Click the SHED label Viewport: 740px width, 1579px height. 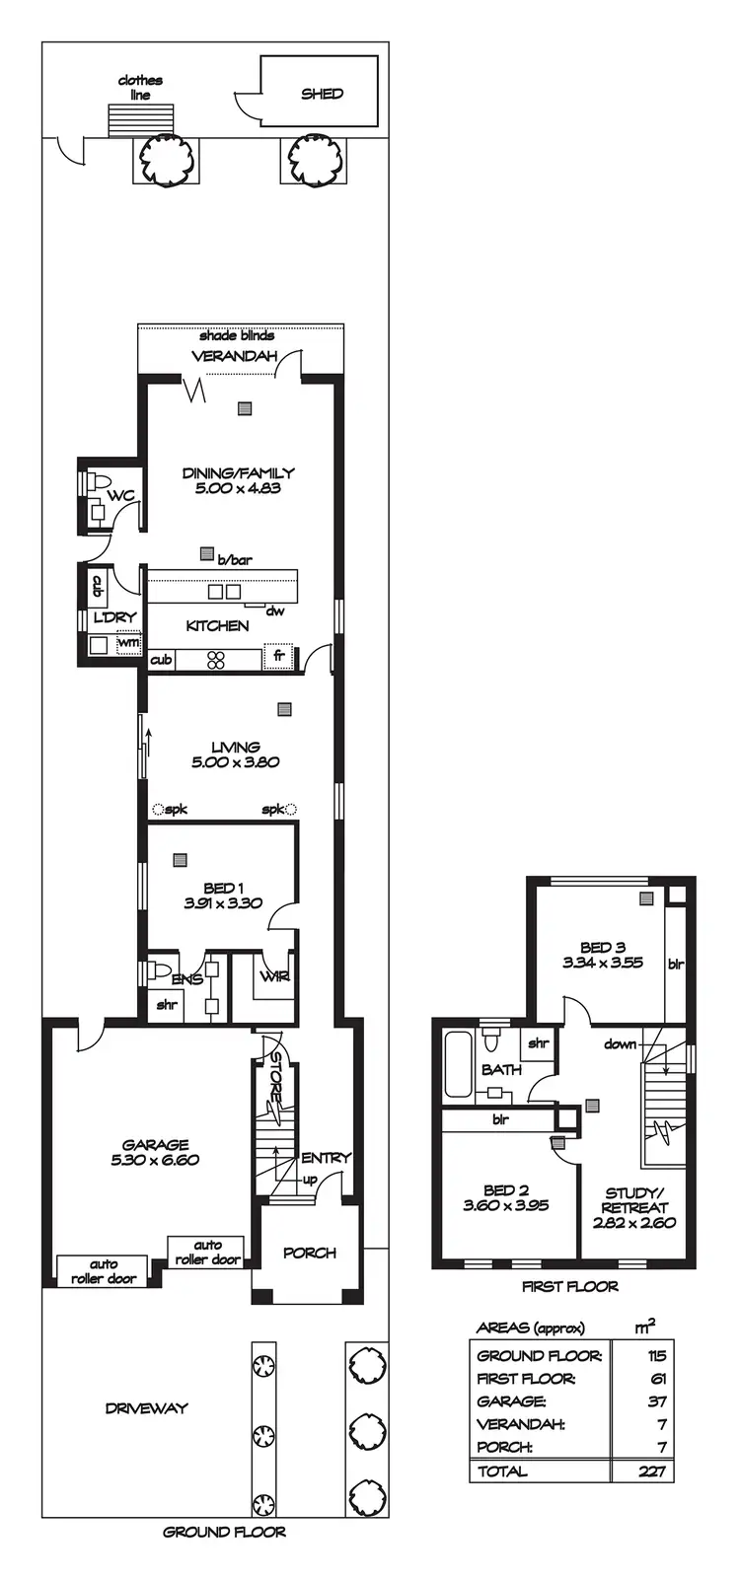(322, 94)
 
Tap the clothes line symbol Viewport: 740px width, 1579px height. (140, 118)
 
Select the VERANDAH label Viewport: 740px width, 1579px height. (234, 356)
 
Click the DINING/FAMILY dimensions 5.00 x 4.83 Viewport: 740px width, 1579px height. (238, 488)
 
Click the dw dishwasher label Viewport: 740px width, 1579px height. (275, 610)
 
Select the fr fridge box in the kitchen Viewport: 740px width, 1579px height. (278, 656)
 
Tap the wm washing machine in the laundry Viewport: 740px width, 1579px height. (127, 643)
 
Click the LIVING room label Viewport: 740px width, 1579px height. (236, 747)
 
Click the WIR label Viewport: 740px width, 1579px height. (272, 976)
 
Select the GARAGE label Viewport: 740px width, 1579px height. (156, 1145)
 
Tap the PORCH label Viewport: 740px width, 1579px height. (310, 1253)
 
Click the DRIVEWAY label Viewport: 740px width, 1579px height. (146, 1408)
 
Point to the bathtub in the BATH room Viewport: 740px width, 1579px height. (458, 1064)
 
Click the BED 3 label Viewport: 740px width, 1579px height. (602, 947)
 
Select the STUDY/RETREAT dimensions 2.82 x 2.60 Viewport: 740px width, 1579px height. (633, 1222)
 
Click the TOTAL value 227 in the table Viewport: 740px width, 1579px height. (654, 1471)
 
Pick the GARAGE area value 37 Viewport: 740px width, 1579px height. (658, 1400)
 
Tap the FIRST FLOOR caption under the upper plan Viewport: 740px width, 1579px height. (569, 1286)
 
